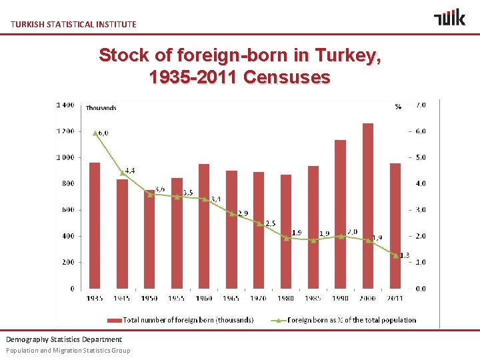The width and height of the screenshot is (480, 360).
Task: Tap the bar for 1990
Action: coord(340,214)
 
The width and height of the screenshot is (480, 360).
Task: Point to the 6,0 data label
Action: coord(103,133)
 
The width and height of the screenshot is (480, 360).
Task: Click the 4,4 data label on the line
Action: coord(130,171)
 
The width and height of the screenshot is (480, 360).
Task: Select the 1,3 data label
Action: coord(404,255)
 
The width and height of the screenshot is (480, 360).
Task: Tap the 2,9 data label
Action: coord(242,213)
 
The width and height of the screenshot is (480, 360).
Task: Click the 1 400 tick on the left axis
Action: coord(65,105)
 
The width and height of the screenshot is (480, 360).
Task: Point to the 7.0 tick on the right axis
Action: coord(421,105)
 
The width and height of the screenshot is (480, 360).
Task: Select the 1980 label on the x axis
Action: coord(285,297)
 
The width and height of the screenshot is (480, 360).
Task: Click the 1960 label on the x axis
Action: coord(203,297)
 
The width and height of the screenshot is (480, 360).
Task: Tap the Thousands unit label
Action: coord(101,108)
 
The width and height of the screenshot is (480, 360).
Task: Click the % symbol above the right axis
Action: coord(398,107)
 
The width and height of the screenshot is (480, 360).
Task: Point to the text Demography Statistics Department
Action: coord(64,339)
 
